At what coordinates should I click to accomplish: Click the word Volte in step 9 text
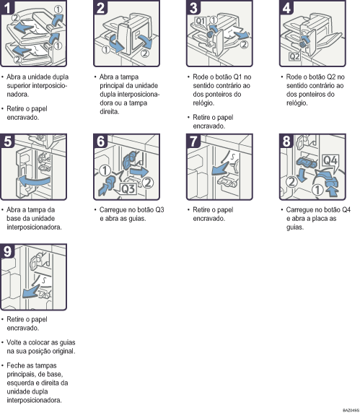(x=16, y=341)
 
